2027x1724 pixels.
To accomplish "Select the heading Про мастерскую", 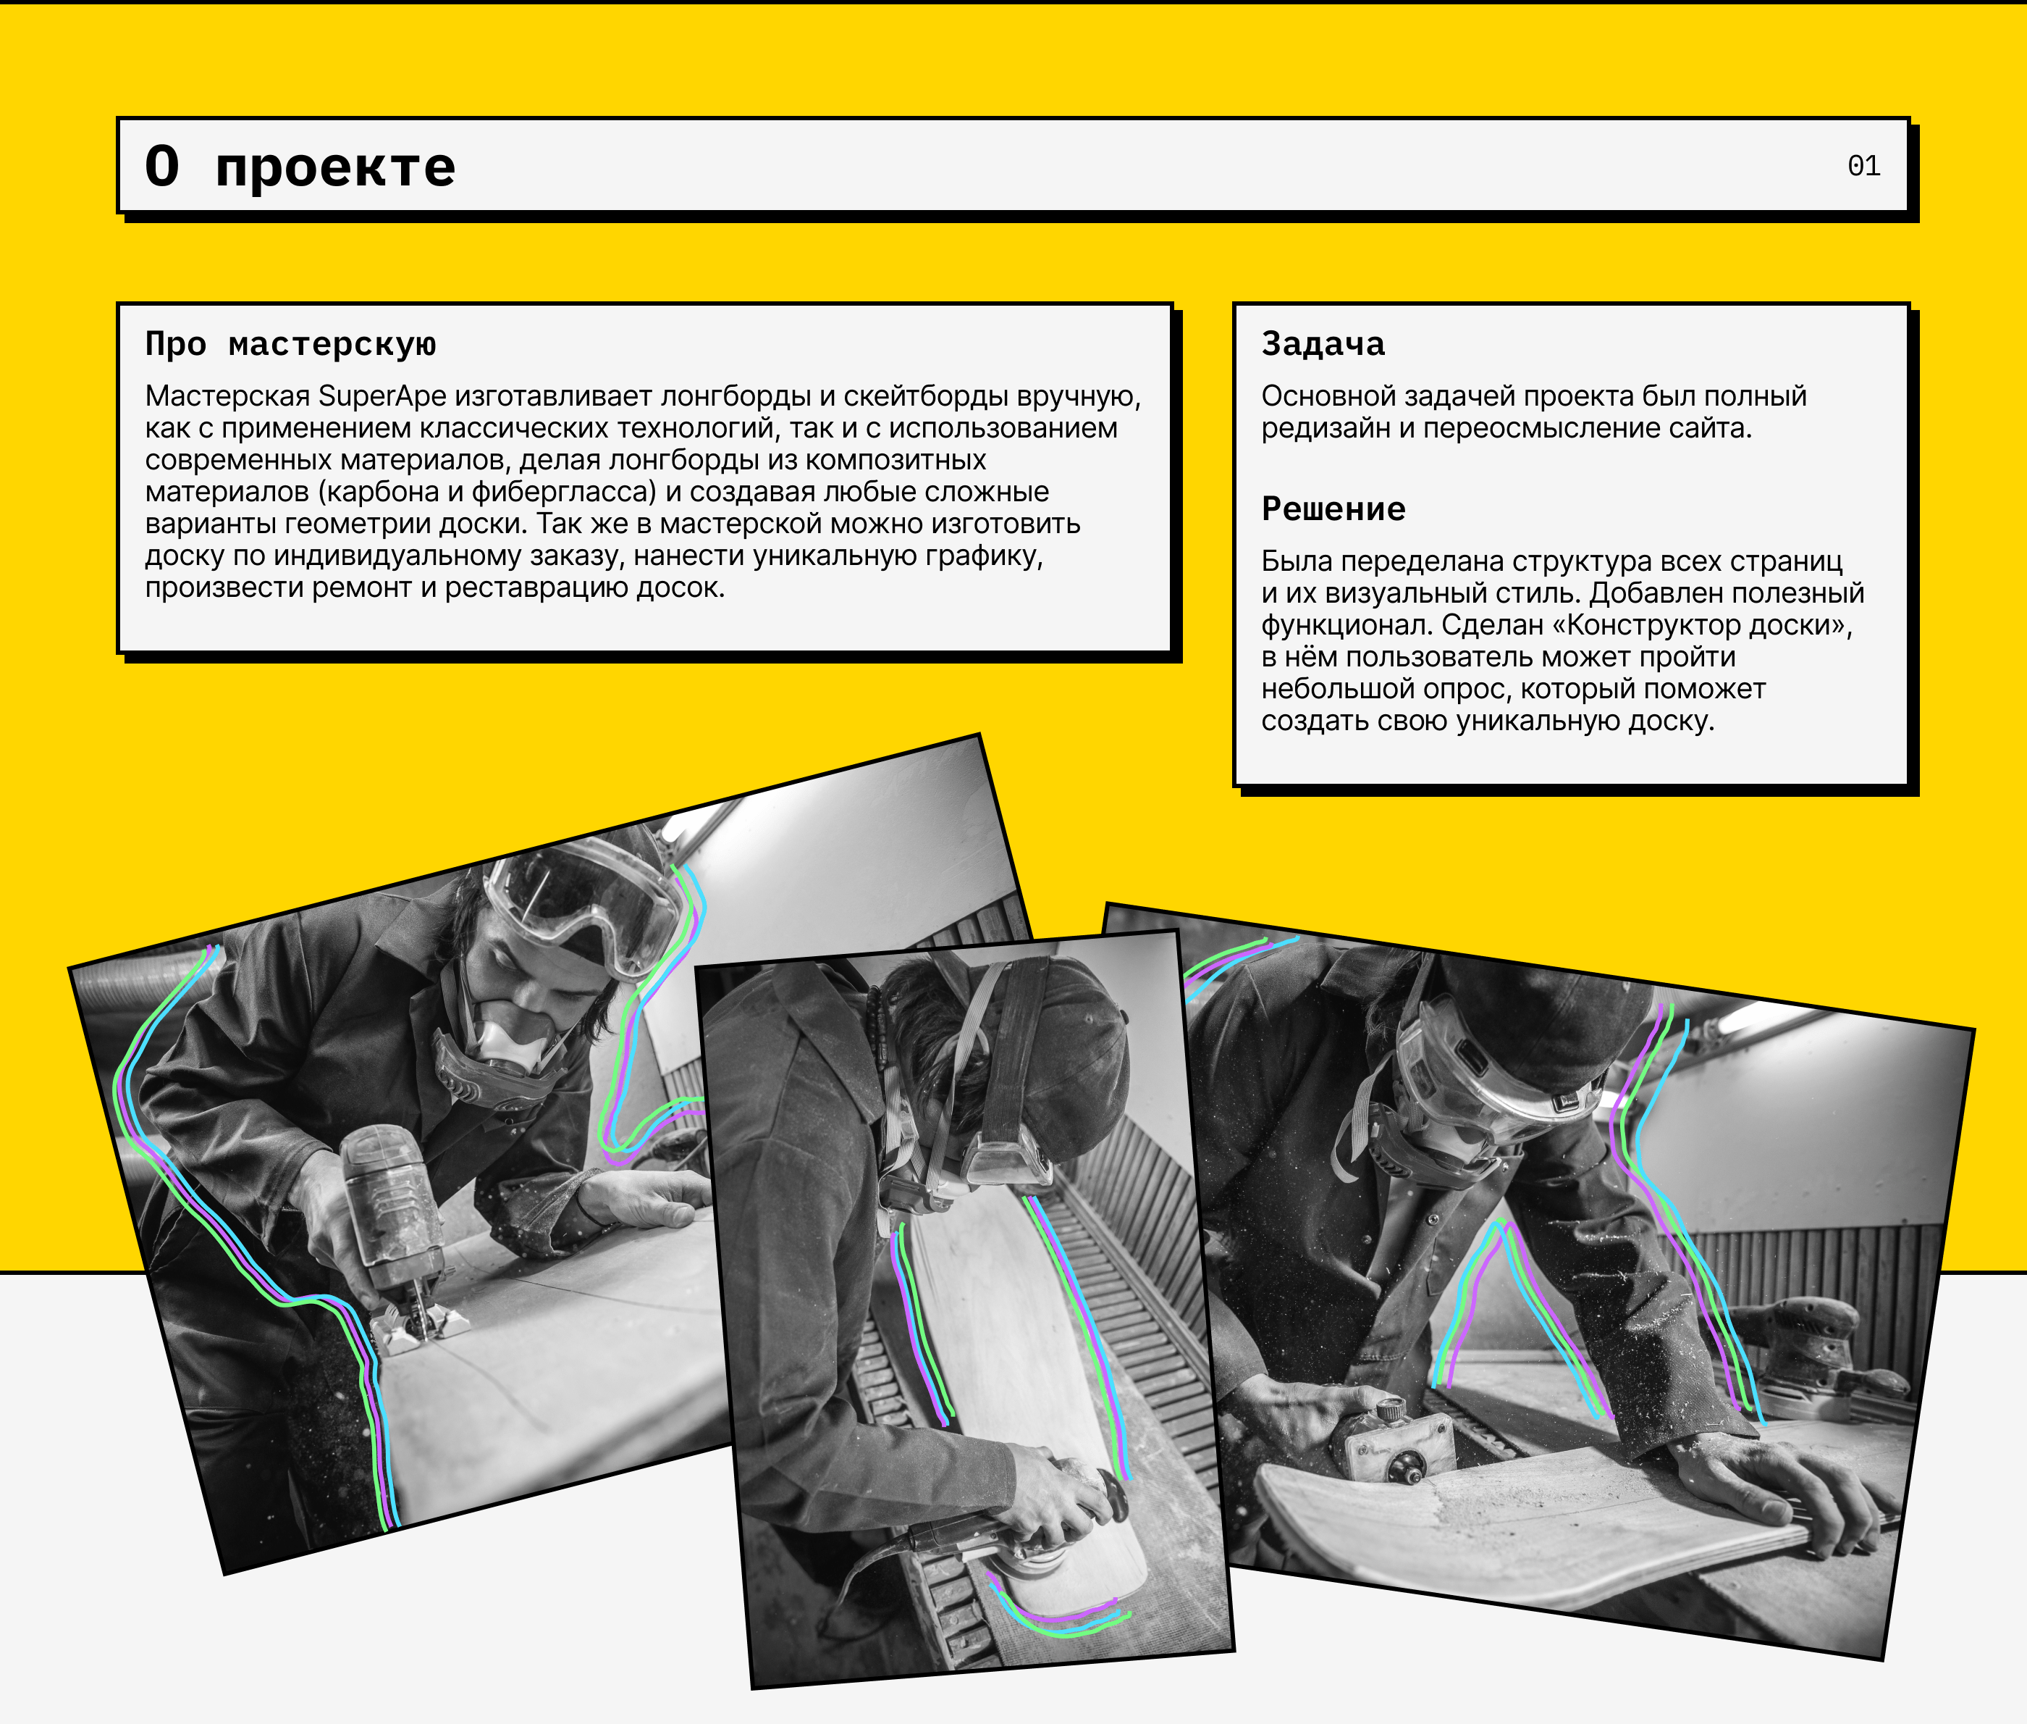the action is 291,344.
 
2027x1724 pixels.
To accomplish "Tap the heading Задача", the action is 1323,344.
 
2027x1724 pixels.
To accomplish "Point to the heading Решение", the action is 1333,509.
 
